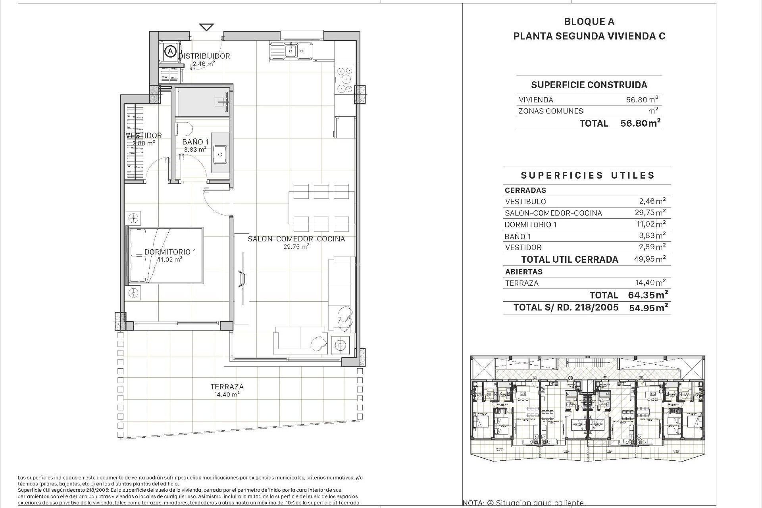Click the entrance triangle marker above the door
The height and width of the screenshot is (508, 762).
[206, 27]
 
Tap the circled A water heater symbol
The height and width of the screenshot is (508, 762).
[170, 51]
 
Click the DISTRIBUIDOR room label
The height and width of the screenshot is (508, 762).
[204, 56]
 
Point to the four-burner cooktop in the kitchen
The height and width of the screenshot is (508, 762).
[344, 80]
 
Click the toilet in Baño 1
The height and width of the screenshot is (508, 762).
[184, 129]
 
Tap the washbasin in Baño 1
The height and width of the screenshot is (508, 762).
[220, 154]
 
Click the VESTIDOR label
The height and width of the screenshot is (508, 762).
[144, 135]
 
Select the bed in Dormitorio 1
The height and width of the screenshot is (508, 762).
[165, 256]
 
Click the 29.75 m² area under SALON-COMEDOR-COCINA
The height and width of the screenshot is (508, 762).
[296, 246]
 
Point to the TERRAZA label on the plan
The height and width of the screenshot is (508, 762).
[227, 387]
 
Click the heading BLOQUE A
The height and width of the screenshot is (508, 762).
[589, 22]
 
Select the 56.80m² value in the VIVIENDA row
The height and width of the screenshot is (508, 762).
[642, 100]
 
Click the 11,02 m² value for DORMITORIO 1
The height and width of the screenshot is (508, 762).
[651, 224]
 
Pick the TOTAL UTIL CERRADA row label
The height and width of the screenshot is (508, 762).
[570, 260]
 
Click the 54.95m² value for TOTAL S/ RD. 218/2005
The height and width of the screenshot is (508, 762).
[648, 308]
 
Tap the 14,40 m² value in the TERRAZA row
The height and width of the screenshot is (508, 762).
[651, 283]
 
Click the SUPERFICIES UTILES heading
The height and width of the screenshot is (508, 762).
[587, 175]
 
